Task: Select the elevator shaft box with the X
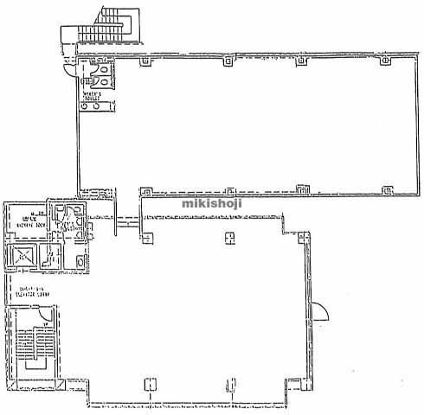tap(22, 257)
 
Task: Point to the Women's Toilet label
tap(93, 96)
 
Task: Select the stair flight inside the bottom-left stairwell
tap(35, 346)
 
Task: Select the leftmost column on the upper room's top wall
tap(157, 61)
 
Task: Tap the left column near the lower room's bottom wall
tap(151, 383)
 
